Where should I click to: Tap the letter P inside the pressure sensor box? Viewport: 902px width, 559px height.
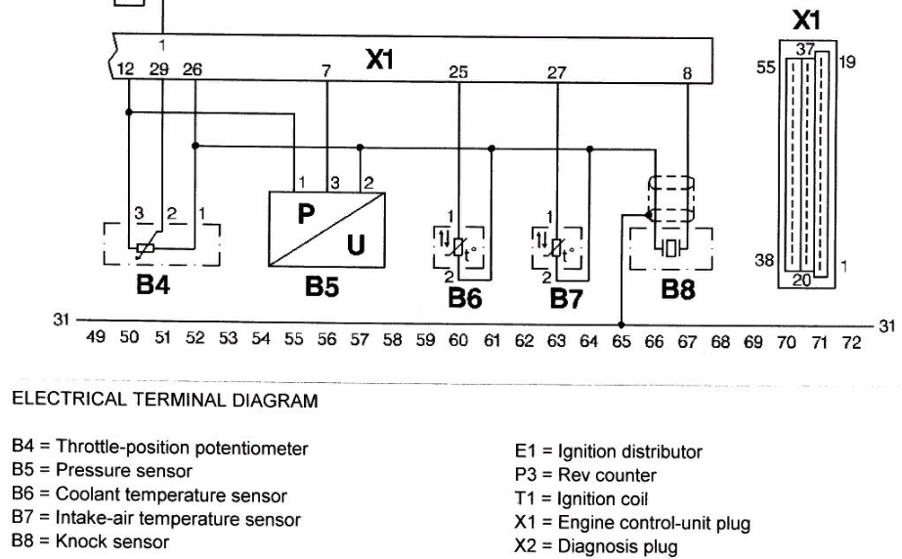304,215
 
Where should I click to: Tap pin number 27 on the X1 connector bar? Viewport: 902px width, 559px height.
557,70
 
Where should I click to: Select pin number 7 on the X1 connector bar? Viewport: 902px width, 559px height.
326,70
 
